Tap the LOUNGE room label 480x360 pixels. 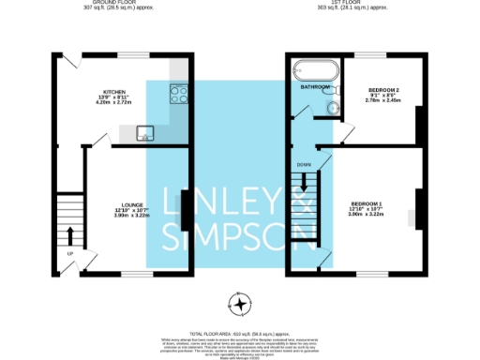[131, 204]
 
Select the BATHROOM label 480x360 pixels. [315, 86]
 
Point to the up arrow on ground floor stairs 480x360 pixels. [70, 232]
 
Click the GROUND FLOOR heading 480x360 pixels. [105, 3]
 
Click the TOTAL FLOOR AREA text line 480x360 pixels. [240, 333]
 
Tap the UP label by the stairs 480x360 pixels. [68, 253]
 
